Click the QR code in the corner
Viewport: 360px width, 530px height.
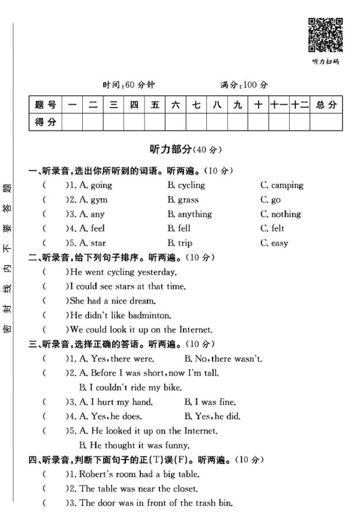[325, 35]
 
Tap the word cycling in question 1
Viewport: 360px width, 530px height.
[191, 185]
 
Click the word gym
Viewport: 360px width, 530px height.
[99, 200]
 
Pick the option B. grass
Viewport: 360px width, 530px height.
[183, 200]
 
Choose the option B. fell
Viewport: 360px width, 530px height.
[178, 228]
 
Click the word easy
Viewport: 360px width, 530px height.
[280, 243]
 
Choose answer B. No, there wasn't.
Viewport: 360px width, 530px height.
[223, 358]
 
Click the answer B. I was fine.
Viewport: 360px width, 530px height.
[209, 402]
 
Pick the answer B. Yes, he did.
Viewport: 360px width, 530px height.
[212, 416]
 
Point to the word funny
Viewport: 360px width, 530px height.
[178, 445]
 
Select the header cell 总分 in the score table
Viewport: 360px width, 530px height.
[326, 105]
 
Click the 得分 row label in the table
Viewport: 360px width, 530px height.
[45, 122]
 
